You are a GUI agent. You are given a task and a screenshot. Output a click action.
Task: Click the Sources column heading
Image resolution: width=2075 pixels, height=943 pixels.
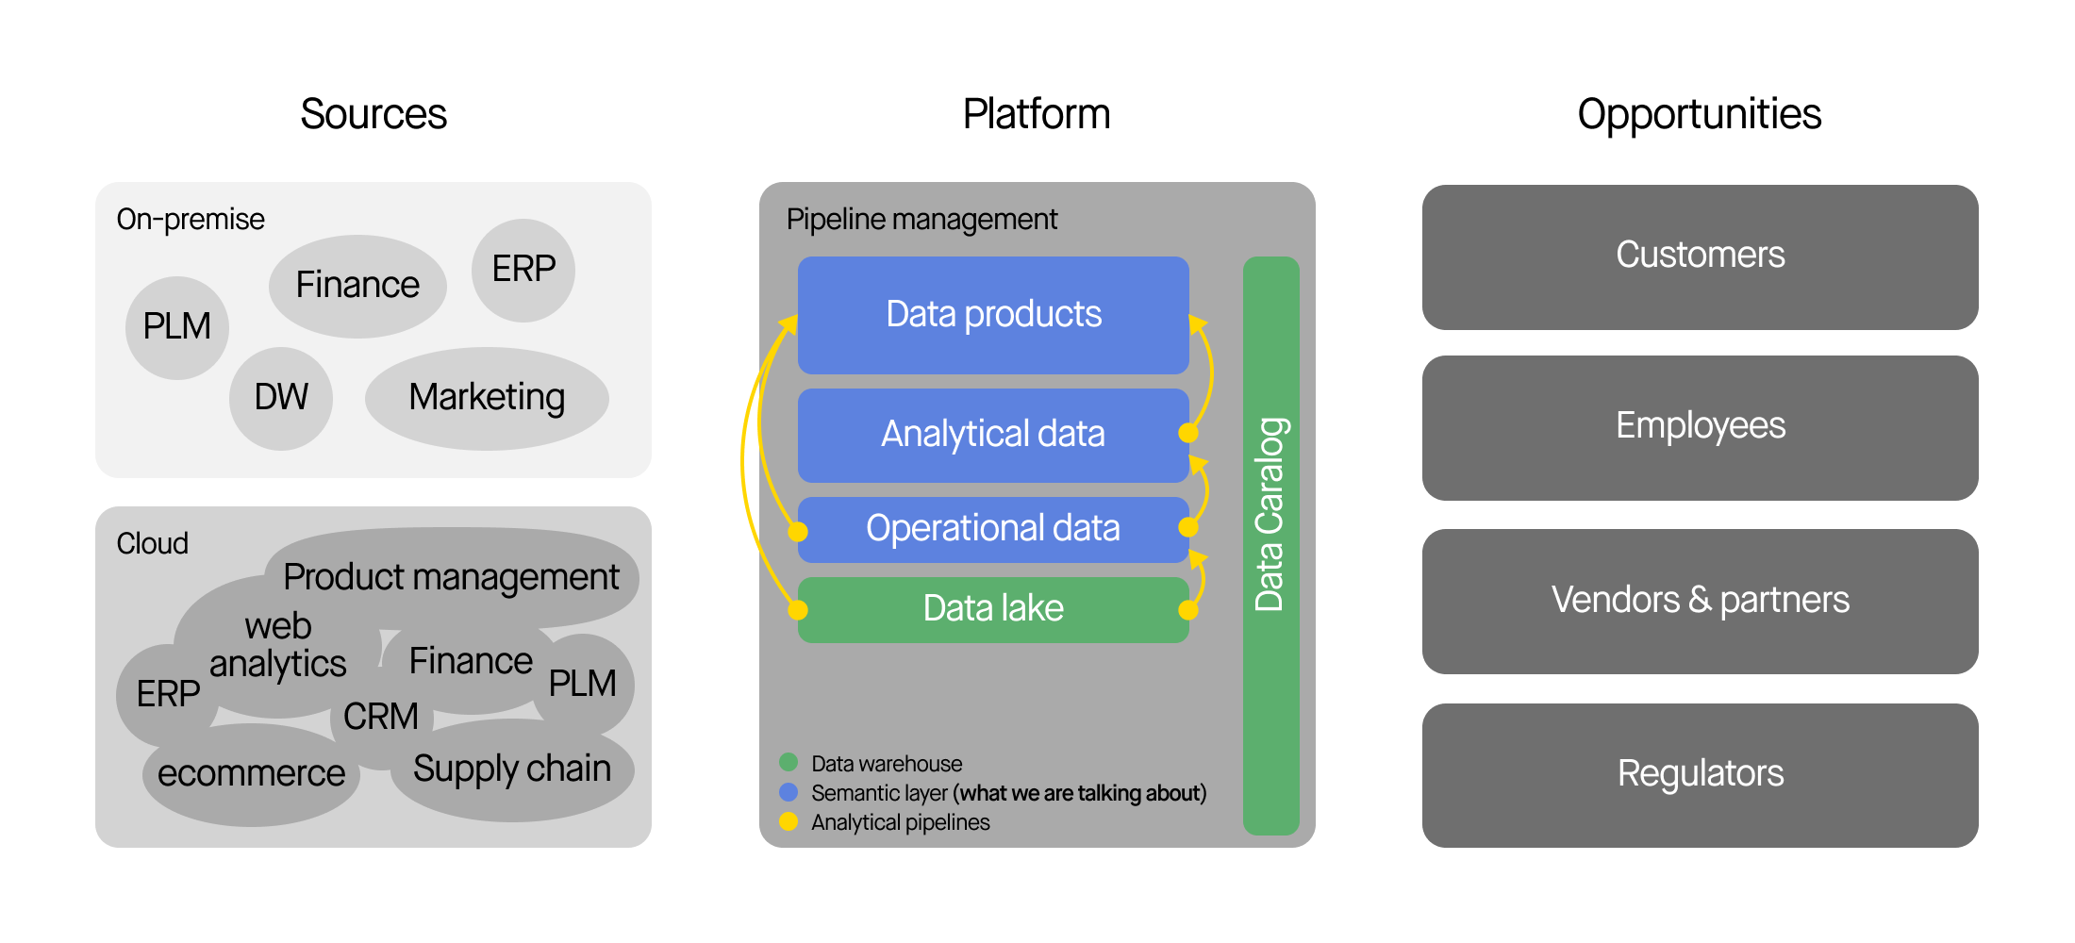(373, 114)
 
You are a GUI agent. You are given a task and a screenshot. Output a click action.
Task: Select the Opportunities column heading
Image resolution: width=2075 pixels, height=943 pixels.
(1699, 114)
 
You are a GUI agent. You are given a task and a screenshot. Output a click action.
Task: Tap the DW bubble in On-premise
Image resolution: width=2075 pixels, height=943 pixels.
(281, 397)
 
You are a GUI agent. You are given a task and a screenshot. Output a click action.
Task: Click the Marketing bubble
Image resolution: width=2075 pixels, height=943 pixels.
(487, 397)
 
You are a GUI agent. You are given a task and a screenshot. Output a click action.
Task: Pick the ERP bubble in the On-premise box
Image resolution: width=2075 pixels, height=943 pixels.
(523, 269)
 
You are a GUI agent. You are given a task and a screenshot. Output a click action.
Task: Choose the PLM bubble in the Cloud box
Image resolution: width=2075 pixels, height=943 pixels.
(584, 683)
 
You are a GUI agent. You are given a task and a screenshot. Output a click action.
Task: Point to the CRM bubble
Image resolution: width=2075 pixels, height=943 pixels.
(381, 717)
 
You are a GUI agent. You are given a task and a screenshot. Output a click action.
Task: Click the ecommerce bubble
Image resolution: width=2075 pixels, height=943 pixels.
(251, 774)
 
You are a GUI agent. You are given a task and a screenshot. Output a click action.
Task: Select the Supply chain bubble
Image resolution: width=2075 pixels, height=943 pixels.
(512, 769)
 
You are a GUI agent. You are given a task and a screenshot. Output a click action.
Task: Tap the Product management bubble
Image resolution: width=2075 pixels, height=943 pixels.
(451, 576)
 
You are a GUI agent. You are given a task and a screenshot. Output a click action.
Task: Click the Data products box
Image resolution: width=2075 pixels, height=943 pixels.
(993, 314)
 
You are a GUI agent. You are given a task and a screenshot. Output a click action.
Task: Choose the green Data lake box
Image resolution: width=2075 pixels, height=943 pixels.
(993, 609)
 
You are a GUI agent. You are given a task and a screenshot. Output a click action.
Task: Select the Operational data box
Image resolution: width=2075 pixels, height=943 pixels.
(993, 529)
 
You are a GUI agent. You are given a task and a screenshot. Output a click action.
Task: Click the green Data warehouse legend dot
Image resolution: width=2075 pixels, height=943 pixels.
(788, 762)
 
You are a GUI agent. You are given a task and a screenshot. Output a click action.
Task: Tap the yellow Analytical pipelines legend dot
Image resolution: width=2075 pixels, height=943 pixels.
(788, 821)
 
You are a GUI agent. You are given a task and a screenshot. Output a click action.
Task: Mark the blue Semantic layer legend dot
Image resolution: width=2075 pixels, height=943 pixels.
(788, 792)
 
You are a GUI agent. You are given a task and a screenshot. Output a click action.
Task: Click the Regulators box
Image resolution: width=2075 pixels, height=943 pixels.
(1700, 774)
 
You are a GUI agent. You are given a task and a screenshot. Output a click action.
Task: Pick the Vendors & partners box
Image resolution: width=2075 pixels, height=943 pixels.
(1700, 601)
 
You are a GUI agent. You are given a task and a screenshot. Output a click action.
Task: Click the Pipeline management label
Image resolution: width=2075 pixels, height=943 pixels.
(921, 220)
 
